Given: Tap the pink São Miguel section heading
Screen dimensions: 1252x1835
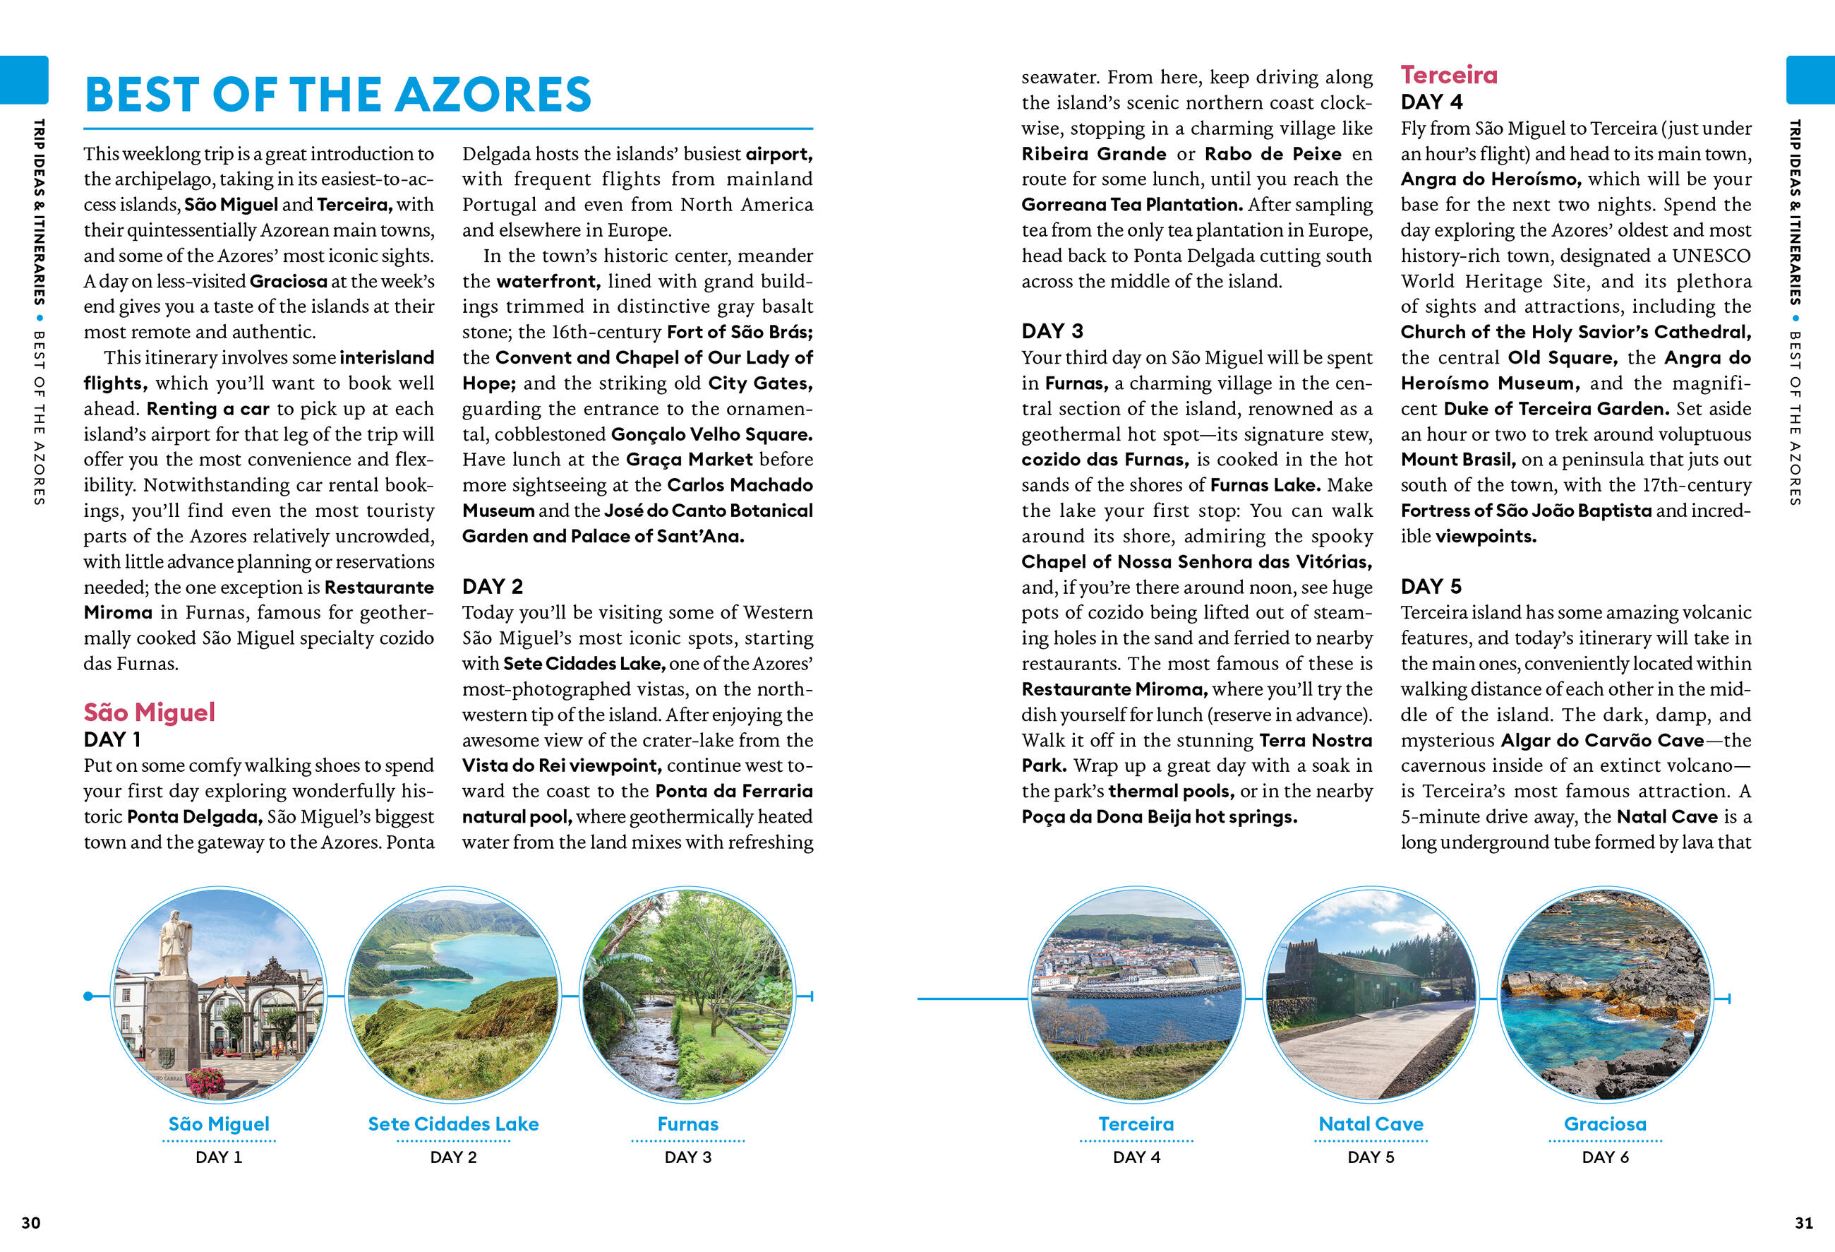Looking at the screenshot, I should (x=149, y=712).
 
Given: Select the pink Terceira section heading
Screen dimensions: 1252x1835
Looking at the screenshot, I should (x=1449, y=75).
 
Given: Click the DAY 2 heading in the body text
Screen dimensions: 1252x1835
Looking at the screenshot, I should (x=492, y=586).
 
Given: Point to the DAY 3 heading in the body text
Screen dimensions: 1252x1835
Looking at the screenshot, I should (x=1052, y=331).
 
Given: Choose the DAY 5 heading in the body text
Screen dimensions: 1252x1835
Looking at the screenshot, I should (x=1431, y=586).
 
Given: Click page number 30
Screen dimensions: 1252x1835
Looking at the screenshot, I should (x=31, y=1223).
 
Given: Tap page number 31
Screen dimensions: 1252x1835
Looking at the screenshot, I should (x=1803, y=1223).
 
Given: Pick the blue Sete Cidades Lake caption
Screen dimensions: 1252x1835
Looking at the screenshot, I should (x=453, y=1123).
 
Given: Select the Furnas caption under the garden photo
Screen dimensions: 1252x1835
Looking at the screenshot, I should (x=687, y=1123).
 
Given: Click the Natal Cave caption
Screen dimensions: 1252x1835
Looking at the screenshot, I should (x=1371, y=1123).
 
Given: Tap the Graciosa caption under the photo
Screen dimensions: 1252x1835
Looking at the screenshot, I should (x=1605, y=1123).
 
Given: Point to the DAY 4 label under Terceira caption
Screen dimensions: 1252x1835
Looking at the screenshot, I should (x=1136, y=1157).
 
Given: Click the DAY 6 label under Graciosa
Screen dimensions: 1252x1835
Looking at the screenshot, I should (x=1605, y=1157).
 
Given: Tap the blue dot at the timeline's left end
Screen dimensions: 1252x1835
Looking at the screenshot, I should (x=88, y=996).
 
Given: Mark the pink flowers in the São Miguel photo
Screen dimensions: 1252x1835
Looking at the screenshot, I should (x=205, y=1079).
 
